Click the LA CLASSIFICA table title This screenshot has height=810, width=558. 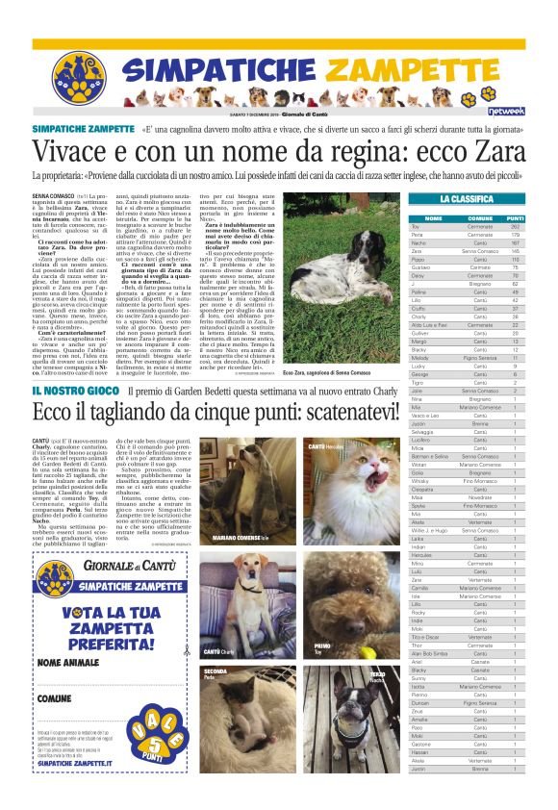pos(466,198)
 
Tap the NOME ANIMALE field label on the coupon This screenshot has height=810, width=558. pos(67,663)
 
